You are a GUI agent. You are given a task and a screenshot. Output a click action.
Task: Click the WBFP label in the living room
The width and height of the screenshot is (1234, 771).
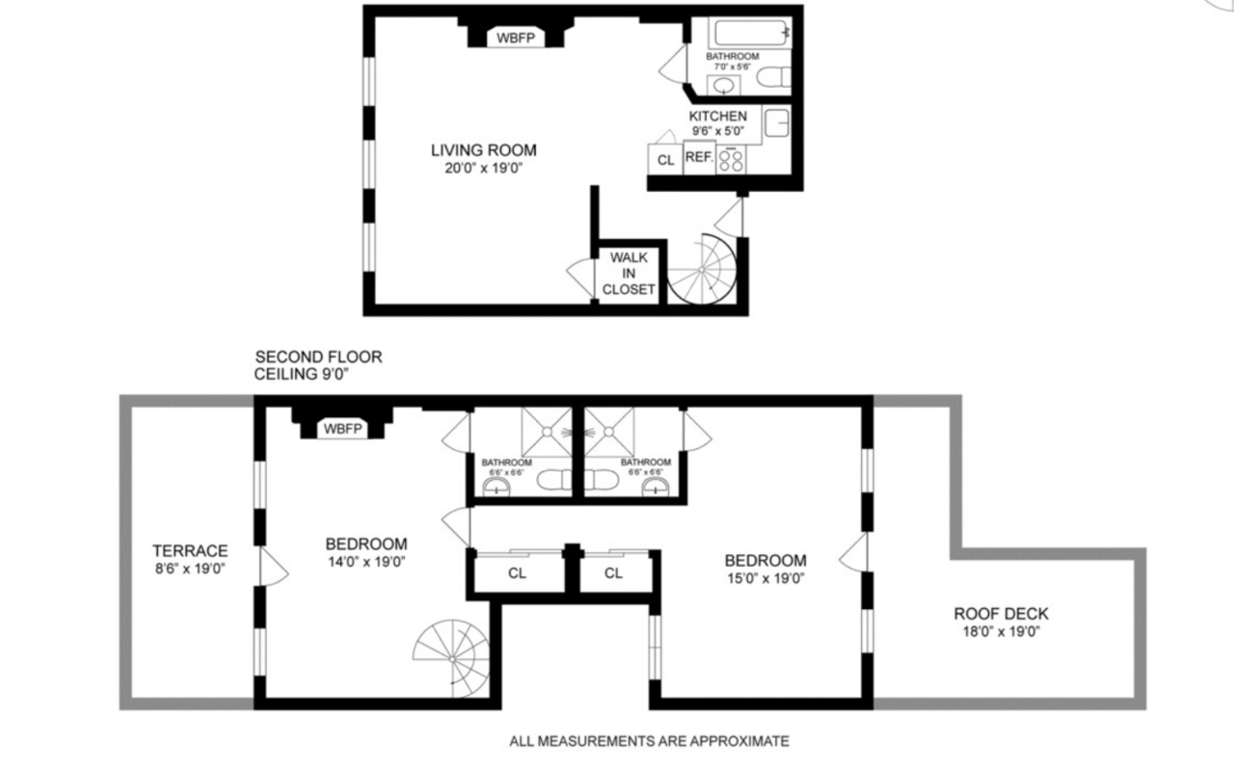515,38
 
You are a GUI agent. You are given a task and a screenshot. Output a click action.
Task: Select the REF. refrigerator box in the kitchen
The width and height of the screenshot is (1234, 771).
700,157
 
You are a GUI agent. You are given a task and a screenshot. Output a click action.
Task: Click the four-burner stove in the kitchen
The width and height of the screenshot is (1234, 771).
731,160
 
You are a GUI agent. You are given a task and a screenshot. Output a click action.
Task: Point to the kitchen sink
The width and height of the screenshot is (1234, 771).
777,122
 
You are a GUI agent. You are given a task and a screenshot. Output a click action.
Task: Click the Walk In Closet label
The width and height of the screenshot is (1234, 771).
629,274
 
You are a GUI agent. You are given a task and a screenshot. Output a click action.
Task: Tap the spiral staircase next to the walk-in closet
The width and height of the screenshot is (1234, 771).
702,269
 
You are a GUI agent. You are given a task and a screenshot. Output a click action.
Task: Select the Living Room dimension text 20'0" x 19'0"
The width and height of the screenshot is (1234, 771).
483,168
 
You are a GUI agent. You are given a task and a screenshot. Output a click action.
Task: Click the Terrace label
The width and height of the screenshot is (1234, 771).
190,550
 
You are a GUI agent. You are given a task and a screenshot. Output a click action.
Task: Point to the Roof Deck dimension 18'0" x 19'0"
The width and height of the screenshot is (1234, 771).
1001,631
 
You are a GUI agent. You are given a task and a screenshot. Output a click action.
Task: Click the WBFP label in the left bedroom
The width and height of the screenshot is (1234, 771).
342,429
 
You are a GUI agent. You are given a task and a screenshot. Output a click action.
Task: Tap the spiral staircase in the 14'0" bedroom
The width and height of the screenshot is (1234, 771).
451,658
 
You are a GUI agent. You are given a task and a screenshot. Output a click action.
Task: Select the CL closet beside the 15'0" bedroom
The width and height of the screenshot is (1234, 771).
613,573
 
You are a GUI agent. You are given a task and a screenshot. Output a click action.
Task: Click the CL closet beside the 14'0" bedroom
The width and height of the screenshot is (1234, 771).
517,573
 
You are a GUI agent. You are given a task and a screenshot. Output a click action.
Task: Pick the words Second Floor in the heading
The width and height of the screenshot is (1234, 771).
318,357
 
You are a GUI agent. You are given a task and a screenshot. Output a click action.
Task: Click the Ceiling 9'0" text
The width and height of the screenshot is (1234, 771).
302,374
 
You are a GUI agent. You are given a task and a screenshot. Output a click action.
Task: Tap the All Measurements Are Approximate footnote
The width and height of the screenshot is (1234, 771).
649,741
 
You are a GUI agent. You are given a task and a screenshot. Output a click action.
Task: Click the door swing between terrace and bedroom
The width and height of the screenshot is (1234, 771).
274,566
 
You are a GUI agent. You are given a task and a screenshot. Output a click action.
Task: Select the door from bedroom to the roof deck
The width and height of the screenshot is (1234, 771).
853,552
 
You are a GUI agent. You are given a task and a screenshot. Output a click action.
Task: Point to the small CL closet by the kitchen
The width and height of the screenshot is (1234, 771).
665,160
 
